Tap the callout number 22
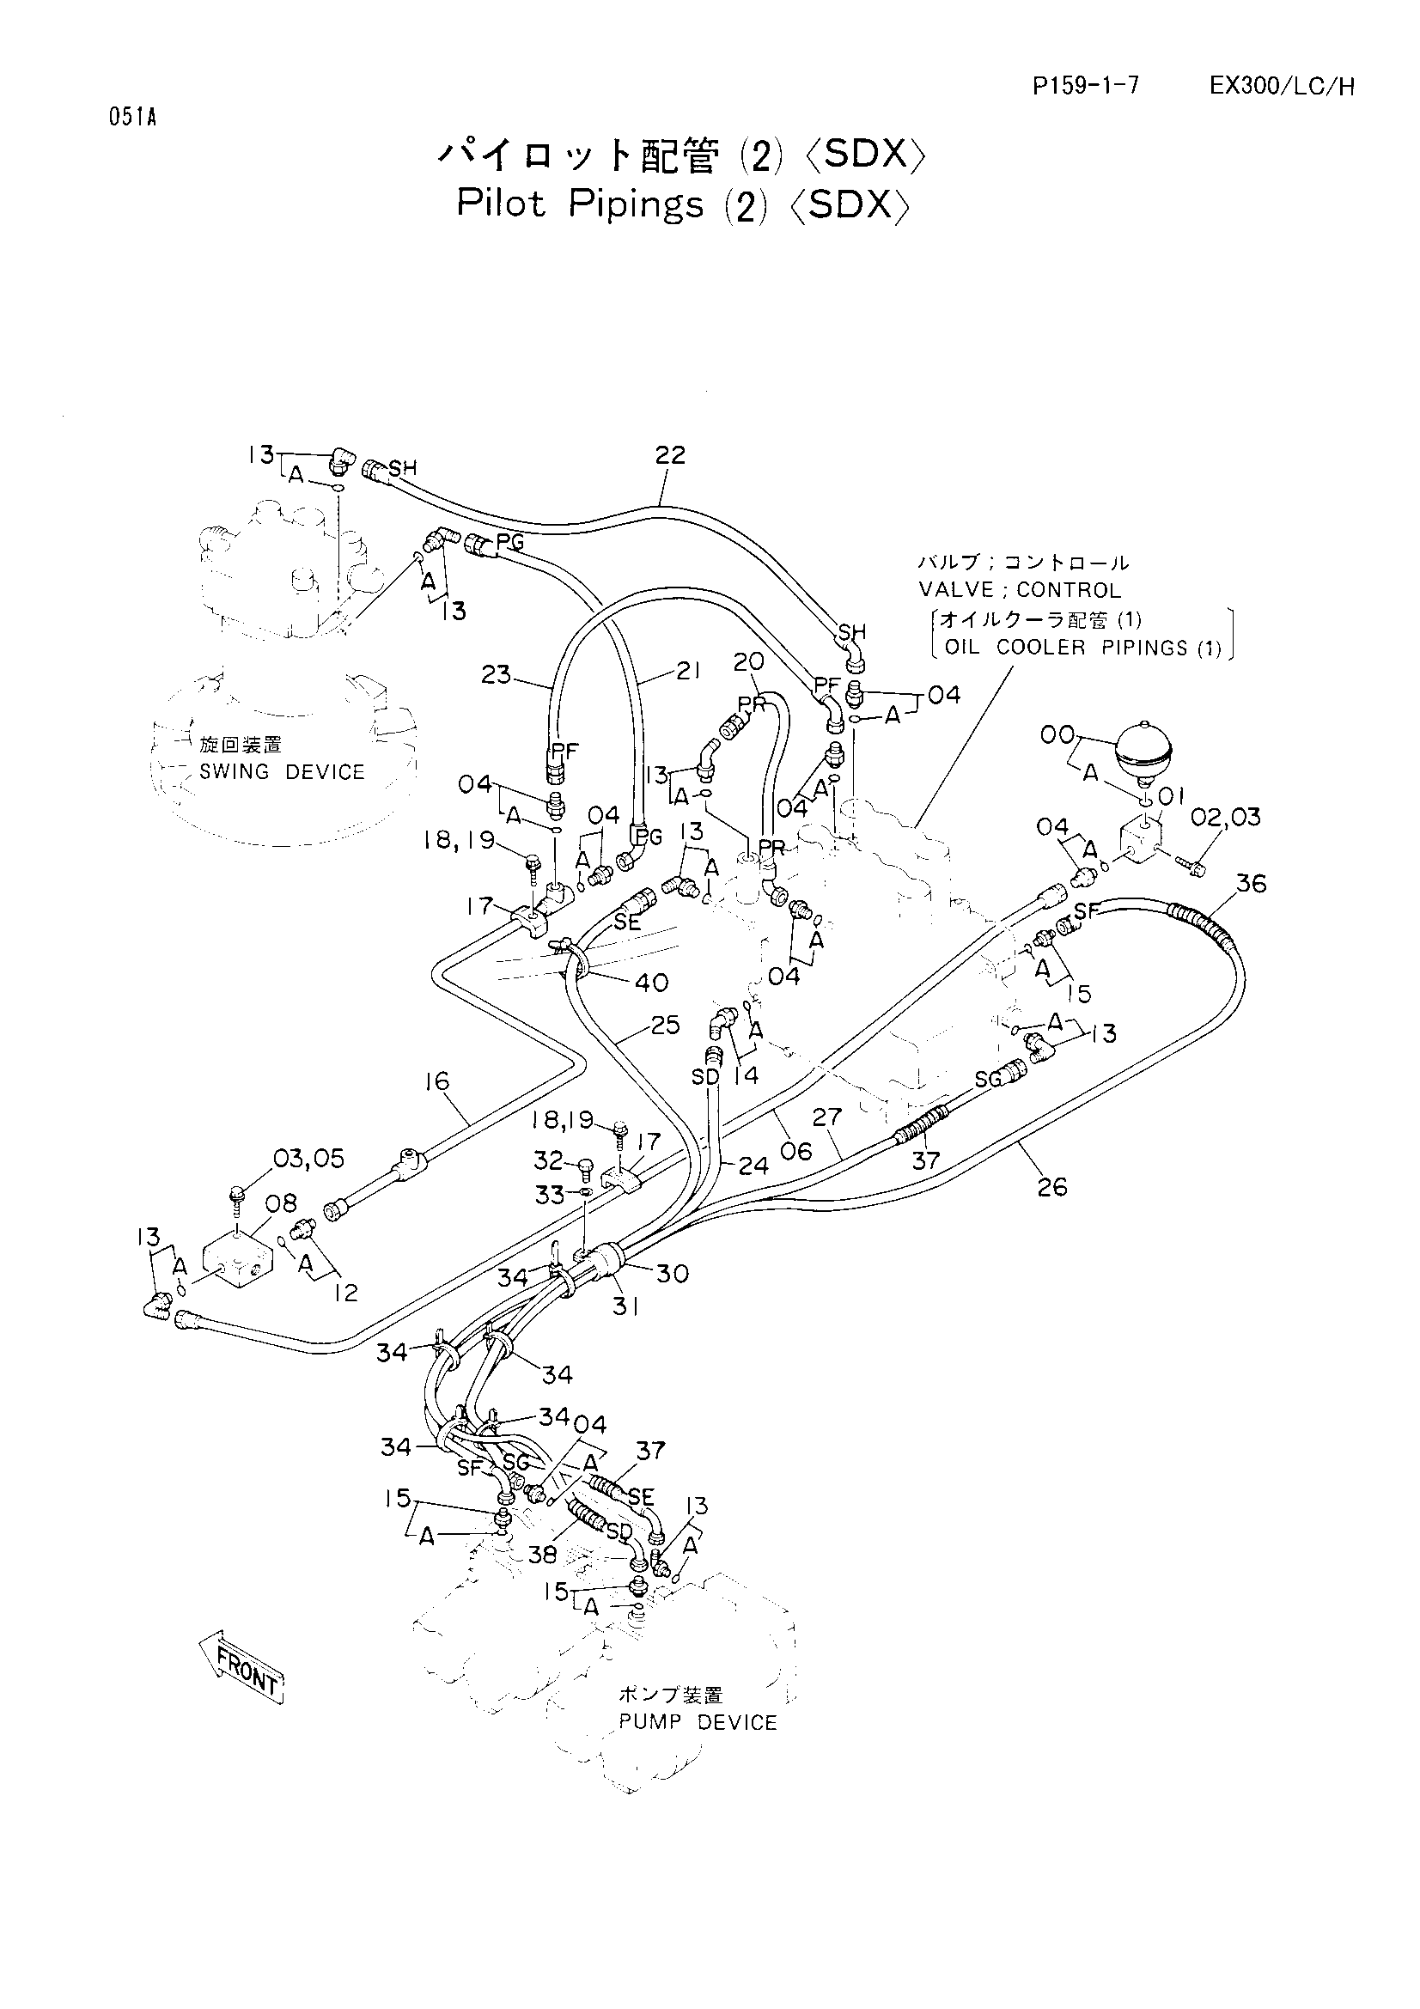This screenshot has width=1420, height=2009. pyautogui.click(x=670, y=455)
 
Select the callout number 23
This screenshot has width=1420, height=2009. pyautogui.click(x=496, y=675)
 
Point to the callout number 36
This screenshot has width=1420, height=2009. pyautogui.click(x=1250, y=884)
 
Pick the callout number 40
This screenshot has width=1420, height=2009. pyautogui.click(x=651, y=983)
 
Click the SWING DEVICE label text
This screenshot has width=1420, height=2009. pyautogui.click(x=282, y=772)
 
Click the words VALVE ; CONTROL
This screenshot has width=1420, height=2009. pyautogui.click(x=1020, y=590)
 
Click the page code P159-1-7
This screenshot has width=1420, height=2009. pyautogui.click(x=1086, y=86)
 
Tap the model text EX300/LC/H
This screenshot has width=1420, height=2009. pyautogui.click(x=1282, y=86)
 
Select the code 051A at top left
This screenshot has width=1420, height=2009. pyautogui.click(x=133, y=118)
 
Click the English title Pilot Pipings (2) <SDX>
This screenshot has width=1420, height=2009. pyautogui.click(x=683, y=204)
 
